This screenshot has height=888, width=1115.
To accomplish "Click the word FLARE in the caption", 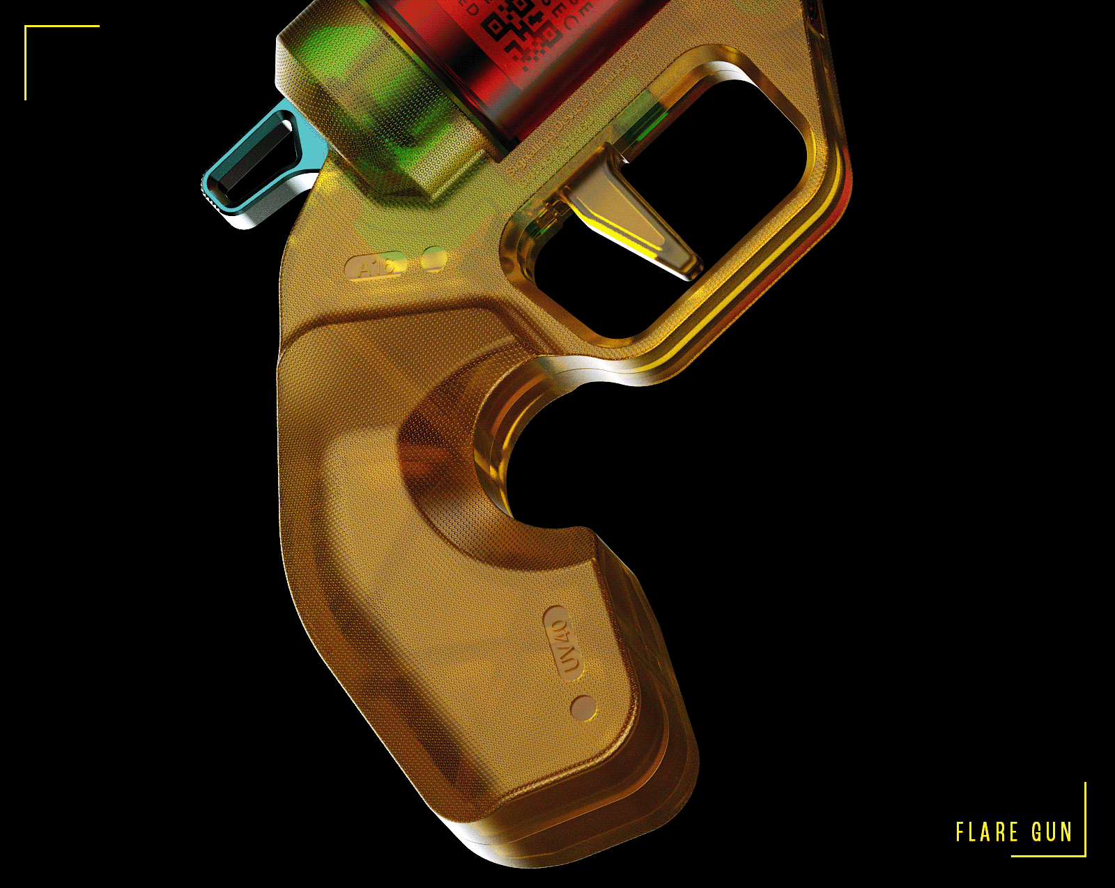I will (987, 832).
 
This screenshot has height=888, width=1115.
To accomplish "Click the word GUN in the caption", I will (1052, 832).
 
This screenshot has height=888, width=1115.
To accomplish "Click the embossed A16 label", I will (375, 266).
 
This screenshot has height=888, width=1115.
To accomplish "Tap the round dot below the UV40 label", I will (583, 708).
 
